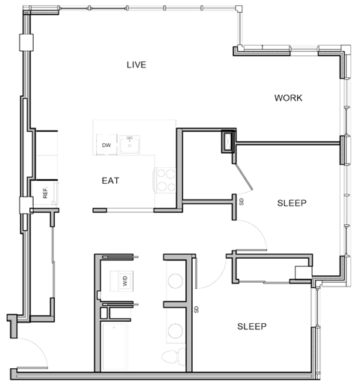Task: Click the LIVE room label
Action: click(x=136, y=65)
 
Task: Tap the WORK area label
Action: click(x=288, y=98)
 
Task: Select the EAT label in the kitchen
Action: click(x=110, y=181)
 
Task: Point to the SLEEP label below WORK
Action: click(x=292, y=202)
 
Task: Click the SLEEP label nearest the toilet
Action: click(x=253, y=326)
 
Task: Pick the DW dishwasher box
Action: click(x=106, y=145)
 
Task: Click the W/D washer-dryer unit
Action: click(x=118, y=282)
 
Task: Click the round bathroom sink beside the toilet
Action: click(x=174, y=330)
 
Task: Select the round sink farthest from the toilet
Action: click(x=174, y=283)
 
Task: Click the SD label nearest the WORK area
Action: click(x=241, y=201)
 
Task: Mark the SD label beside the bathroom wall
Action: click(x=196, y=309)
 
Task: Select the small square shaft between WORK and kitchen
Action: click(x=226, y=141)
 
